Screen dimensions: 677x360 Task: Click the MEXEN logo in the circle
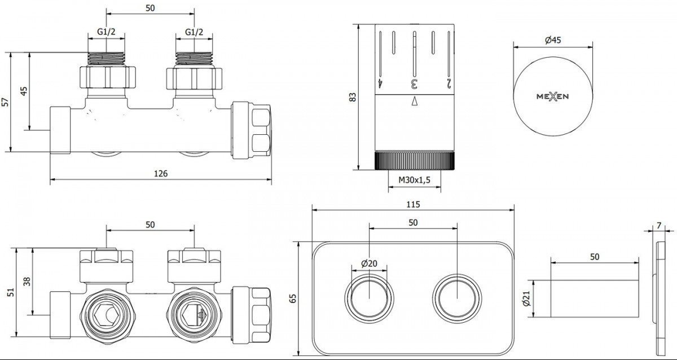tap(552, 96)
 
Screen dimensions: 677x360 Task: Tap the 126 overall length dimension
tap(160, 173)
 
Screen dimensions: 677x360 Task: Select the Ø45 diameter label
tap(553, 40)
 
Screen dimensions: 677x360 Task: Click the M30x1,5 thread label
tap(414, 180)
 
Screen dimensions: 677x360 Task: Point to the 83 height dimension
tap(353, 97)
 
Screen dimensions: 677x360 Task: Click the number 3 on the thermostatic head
tap(414, 84)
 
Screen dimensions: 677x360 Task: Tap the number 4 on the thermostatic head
tap(380, 84)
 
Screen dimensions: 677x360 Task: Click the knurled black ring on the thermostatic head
tap(414, 160)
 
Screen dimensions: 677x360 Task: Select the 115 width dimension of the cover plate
tap(413, 205)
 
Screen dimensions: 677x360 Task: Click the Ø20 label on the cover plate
tap(369, 264)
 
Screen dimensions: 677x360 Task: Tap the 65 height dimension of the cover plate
tap(293, 298)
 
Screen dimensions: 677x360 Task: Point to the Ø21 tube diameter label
tap(526, 298)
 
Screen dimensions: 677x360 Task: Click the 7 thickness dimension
tap(659, 226)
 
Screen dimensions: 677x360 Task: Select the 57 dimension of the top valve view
tap(5, 102)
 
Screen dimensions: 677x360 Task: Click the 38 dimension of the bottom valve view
tap(27, 282)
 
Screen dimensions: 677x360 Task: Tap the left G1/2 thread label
tap(106, 32)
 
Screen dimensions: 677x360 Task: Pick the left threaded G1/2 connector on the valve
tap(107, 59)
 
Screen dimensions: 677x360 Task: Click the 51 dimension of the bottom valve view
tap(11, 292)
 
